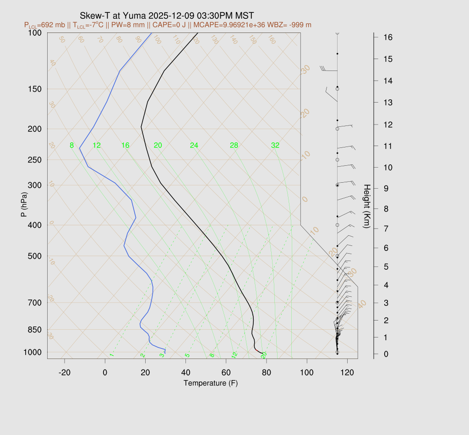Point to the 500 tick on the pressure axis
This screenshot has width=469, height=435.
(35, 256)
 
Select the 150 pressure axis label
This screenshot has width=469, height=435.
(35, 89)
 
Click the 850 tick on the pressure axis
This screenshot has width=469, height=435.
(35, 330)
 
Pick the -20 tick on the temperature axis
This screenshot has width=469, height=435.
(65, 373)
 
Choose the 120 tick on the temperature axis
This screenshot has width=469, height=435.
(347, 373)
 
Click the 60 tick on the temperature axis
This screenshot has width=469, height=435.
(226, 373)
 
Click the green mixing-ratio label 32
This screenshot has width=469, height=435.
(275, 146)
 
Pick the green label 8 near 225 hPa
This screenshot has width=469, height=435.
(71, 146)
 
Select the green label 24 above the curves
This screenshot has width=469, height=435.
(194, 146)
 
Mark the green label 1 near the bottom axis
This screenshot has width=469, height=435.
(111, 355)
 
